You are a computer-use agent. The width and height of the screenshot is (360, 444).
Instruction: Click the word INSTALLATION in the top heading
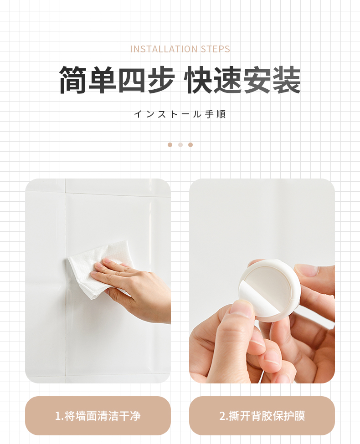(x=164, y=49)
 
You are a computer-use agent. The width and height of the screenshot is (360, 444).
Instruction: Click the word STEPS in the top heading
(x=216, y=49)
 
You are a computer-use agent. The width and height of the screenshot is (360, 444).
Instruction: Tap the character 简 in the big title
(x=73, y=80)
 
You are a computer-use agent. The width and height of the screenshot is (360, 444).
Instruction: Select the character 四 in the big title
(x=131, y=80)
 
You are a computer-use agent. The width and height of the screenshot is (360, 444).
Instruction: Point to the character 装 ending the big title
(x=287, y=80)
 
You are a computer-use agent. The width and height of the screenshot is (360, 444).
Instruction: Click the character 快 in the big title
(x=198, y=80)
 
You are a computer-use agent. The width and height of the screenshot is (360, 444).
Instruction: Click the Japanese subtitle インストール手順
(x=180, y=114)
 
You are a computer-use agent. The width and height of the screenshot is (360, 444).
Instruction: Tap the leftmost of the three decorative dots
(x=170, y=145)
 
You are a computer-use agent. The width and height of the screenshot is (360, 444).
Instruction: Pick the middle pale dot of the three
(x=180, y=145)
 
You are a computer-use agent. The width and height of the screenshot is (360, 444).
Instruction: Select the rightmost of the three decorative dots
(x=190, y=145)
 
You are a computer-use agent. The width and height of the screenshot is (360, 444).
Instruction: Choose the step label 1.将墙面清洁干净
(x=98, y=416)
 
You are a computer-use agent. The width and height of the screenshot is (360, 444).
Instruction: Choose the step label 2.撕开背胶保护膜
(x=262, y=416)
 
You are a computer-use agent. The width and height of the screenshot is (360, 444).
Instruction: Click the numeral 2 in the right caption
(x=222, y=416)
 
